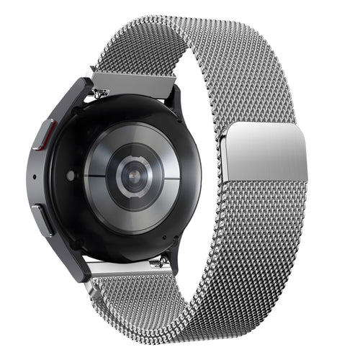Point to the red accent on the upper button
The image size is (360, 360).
coord(48,130)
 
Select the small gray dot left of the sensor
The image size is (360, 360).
coord(71,175)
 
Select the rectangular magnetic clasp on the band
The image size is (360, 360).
coord(265,153)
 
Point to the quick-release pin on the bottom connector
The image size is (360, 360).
coord(166,260)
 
